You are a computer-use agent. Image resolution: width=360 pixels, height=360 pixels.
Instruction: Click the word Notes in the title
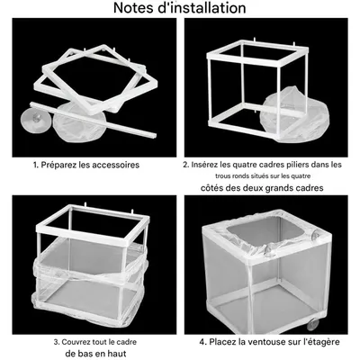pos(134,8)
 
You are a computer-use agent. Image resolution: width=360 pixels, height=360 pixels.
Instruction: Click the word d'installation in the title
pos(202,8)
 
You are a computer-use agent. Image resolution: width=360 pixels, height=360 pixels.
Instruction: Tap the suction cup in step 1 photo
pos(35,119)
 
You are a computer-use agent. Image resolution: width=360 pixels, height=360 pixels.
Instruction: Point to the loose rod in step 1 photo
pos(94,120)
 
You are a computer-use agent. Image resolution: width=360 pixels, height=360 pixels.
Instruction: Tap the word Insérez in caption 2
pos(204,165)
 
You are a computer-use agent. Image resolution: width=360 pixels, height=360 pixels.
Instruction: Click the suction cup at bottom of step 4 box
pos(312,324)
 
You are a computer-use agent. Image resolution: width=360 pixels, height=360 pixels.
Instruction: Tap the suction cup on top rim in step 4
pos(317,234)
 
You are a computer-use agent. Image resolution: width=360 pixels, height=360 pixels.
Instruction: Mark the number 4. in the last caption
pos(203,342)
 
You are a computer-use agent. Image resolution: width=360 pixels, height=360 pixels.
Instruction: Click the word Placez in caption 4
pos(220,342)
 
